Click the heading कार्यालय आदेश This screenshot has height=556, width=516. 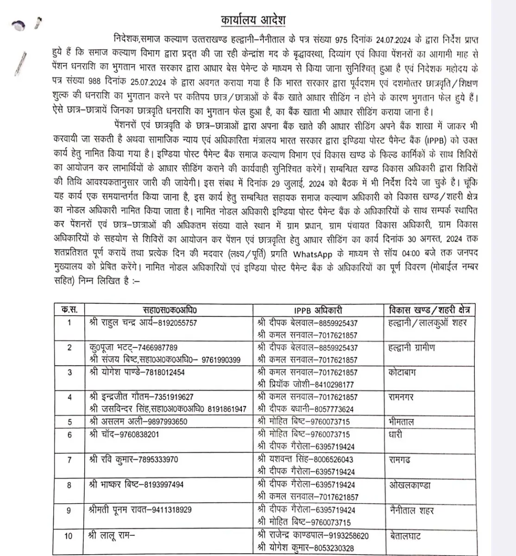pyautogui.click(x=253, y=21)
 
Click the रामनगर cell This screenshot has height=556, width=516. pyautogui.click(x=401, y=397)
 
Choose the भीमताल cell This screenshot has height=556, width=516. pyautogui.click(x=402, y=422)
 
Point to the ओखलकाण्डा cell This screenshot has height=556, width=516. pyautogui.click(x=409, y=485)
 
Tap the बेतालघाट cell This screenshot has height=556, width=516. pyautogui.click(x=405, y=536)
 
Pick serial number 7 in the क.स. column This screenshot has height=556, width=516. pyautogui.click(x=69, y=460)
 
